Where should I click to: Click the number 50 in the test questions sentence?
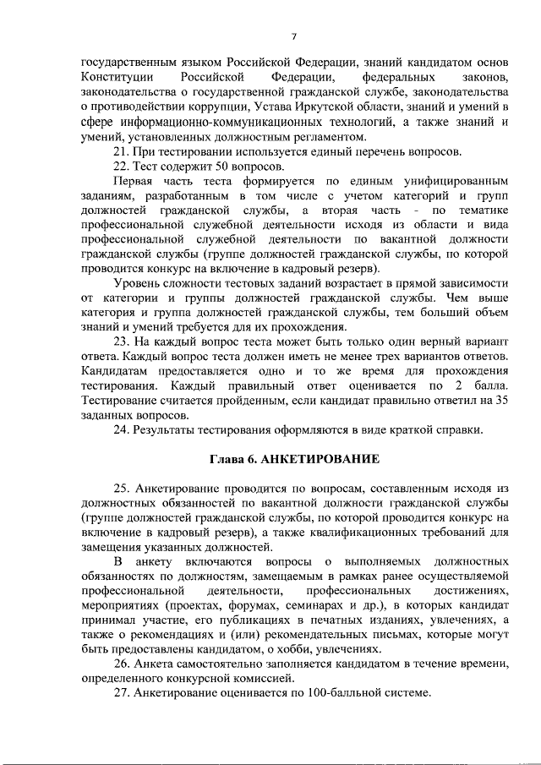pyautogui.click(x=199, y=166)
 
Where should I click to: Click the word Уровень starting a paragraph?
pyautogui.click(x=139, y=282)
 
